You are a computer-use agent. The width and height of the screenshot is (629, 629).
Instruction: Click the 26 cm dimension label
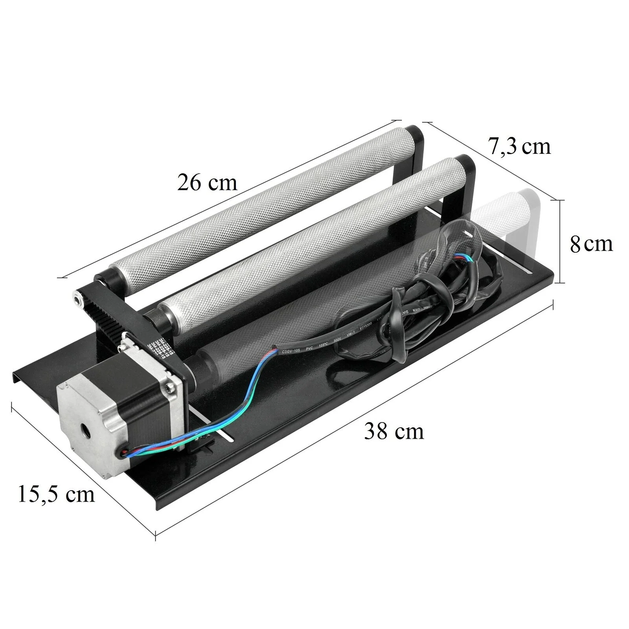[207, 182]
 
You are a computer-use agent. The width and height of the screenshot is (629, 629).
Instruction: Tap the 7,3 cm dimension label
[519, 146]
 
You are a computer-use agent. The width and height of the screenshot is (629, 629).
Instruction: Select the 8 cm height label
[591, 244]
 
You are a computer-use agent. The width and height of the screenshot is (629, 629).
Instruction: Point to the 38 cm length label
[394, 431]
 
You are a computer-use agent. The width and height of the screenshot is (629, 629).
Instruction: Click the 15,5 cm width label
[56, 494]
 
